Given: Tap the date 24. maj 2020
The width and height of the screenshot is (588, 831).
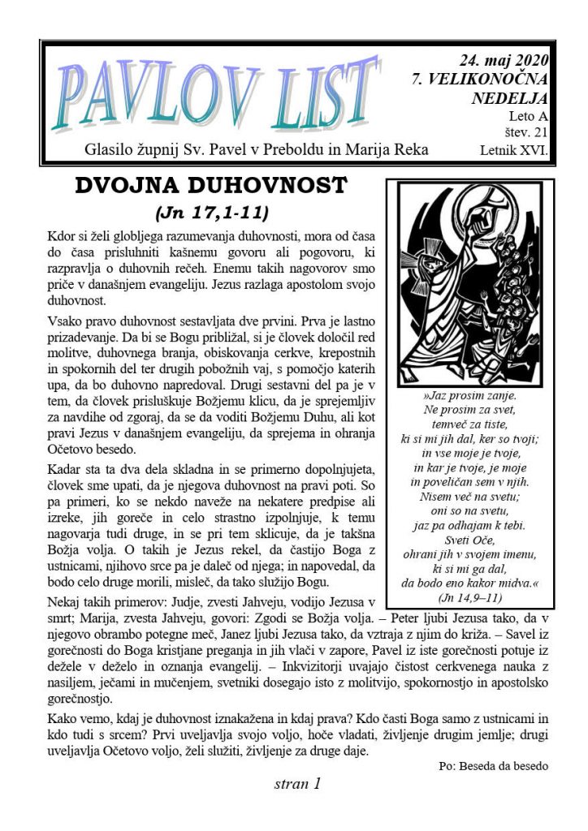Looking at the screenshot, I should pos(504,59).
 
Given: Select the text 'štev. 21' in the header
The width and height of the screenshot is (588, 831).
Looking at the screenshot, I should pos(524,133).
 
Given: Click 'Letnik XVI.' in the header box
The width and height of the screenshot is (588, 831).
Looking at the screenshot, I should pos(515,150).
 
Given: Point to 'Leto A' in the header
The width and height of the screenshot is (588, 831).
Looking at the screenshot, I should pos(529,117).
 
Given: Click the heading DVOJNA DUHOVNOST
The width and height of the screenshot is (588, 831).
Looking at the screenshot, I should pos(210,186).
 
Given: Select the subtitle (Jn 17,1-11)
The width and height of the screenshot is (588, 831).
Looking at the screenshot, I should pos(210,213).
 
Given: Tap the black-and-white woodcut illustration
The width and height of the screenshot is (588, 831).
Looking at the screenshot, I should pos(475,283).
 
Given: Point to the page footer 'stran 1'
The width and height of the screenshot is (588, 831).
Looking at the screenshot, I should pos(298,784).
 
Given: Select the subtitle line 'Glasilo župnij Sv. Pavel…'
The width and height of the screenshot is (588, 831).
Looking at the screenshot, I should pos(257,150).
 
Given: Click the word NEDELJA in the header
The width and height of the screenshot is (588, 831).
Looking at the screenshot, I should pos(509,98).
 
